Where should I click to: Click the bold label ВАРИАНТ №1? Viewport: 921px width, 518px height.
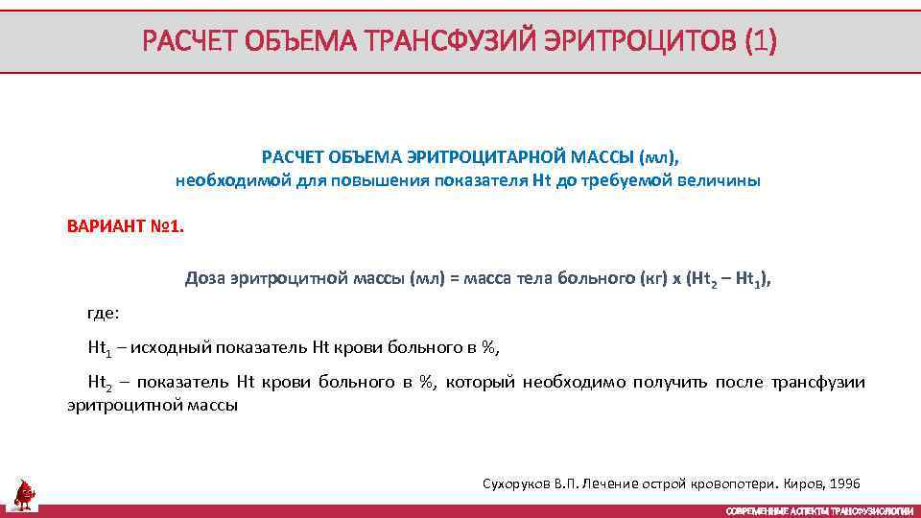click(x=124, y=227)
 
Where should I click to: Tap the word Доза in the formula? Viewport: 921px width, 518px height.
click(x=204, y=279)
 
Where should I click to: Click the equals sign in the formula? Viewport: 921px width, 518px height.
click(x=455, y=279)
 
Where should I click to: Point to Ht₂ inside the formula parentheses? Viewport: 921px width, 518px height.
click(x=705, y=280)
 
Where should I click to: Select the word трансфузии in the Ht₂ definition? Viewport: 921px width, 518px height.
click(x=816, y=383)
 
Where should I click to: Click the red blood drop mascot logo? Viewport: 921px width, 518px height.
click(x=24, y=495)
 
